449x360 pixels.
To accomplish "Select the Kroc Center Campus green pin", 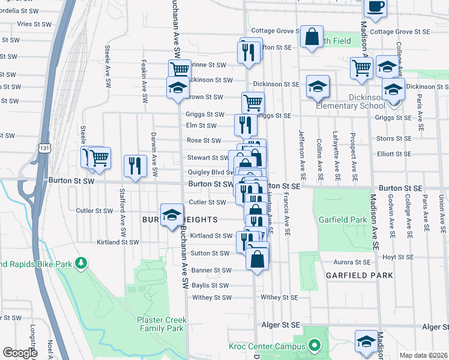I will tap(313, 346).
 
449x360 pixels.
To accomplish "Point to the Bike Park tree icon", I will tap(83, 263).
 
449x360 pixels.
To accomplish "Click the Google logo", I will tap(20, 353).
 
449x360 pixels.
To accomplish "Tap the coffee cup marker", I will tap(375, 6).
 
